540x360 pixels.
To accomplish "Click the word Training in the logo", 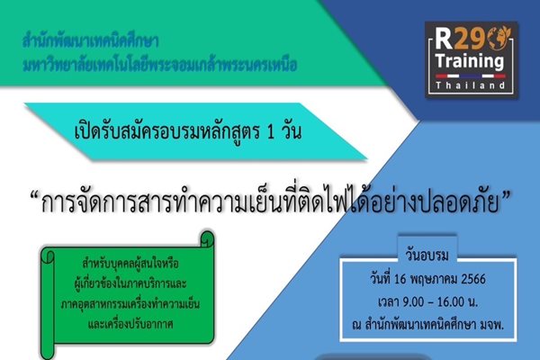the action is pos(470,61).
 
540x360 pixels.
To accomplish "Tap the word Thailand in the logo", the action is pos(471,85).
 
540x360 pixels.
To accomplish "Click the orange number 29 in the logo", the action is pos(467,38).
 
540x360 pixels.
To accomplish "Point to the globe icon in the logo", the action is pos(498,38).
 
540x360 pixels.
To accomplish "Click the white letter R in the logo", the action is pos(444,38).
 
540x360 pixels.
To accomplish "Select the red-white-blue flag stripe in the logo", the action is pos(471,76).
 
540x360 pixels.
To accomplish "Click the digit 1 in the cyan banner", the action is pos(270,132).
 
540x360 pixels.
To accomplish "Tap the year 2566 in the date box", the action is pos(473,279).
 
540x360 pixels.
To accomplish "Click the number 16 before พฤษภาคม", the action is pos(400,279).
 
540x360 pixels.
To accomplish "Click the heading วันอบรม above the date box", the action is pos(427,256).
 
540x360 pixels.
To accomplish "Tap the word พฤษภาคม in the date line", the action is pos(434,279).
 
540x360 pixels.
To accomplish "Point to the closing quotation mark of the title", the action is pos(506,196).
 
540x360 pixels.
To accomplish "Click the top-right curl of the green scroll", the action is pos(207,238).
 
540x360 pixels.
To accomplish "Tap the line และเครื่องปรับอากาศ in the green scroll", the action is pos(130,324).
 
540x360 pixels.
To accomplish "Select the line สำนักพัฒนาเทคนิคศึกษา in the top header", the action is pos(91,41).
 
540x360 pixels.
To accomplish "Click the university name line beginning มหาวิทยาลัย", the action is pos(160,65).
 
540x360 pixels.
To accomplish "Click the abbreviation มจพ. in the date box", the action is pos(492,325).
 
